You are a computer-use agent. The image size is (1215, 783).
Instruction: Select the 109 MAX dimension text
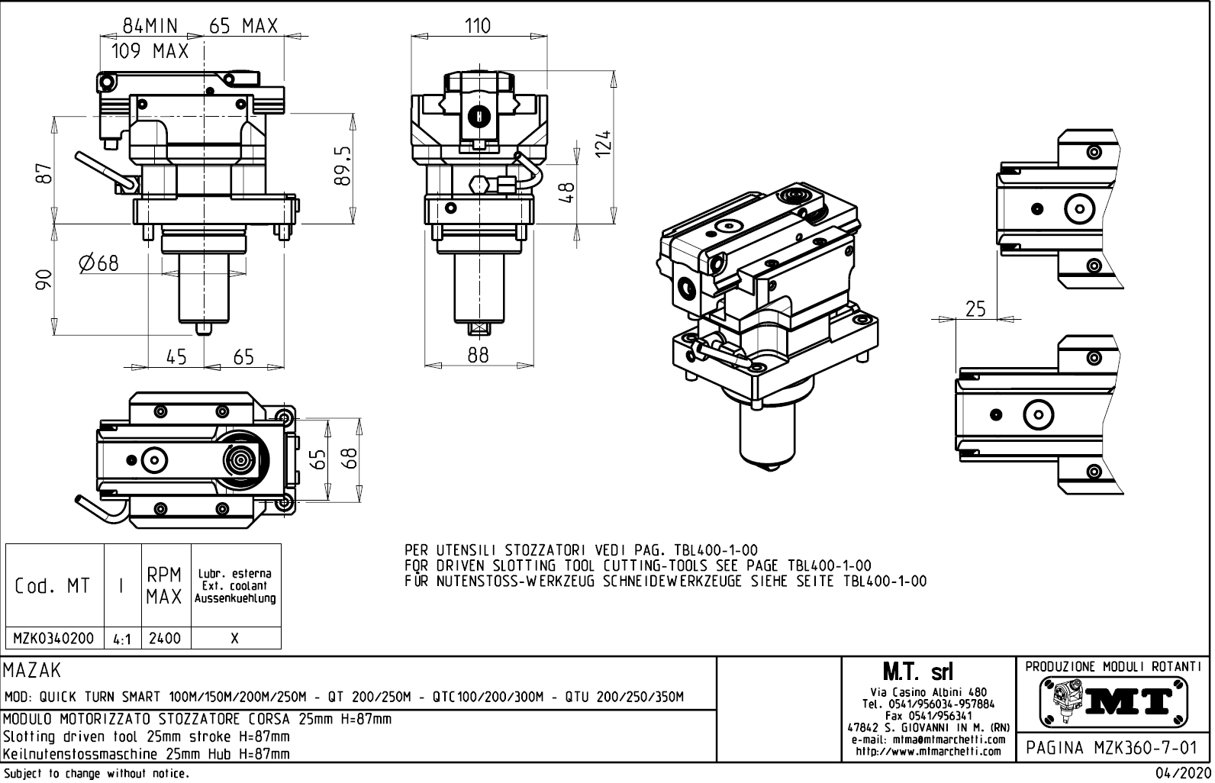pyautogui.click(x=150, y=52)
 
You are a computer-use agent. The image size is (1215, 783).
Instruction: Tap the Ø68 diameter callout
pyautogui.click(x=99, y=263)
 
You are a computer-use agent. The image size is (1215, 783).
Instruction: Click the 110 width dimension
pyautogui.click(x=477, y=26)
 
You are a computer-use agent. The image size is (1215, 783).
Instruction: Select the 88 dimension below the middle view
pyautogui.click(x=478, y=355)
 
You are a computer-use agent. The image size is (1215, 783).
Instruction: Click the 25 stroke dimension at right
pyautogui.click(x=975, y=309)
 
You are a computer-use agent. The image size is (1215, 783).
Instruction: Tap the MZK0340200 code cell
pyautogui.click(x=53, y=638)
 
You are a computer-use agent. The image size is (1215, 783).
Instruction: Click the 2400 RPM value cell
pyautogui.click(x=165, y=638)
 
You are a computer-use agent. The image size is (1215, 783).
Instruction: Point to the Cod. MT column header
pyautogui.click(x=53, y=586)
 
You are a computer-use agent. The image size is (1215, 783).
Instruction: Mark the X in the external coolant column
pyautogui.click(x=235, y=638)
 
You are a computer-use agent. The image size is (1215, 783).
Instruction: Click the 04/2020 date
pyautogui.click(x=1183, y=774)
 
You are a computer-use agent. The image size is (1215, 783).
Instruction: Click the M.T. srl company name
pyautogui.click(x=917, y=672)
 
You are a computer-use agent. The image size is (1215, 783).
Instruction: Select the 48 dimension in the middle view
pyautogui.click(x=566, y=190)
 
